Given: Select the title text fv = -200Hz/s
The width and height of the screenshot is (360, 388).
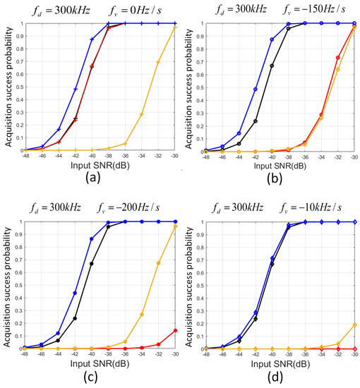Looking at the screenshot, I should (x=137, y=207).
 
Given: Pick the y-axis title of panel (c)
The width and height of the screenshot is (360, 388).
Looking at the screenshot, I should (x=7, y=286).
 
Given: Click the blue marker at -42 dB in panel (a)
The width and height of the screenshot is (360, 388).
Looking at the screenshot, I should (x=76, y=89).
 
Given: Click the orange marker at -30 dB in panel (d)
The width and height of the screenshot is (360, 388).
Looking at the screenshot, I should (x=354, y=325).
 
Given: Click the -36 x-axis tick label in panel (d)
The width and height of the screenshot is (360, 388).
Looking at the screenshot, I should (x=305, y=355).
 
